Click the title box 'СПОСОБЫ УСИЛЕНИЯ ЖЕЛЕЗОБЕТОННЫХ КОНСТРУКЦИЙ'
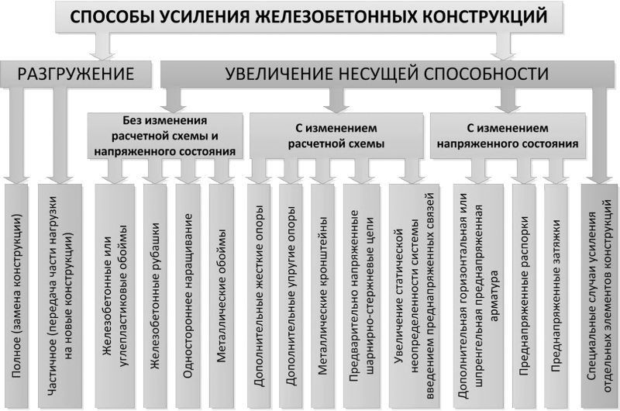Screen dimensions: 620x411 308,16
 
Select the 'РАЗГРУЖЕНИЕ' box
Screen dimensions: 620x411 75,74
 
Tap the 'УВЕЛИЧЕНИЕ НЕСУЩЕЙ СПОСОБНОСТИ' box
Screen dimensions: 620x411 387,74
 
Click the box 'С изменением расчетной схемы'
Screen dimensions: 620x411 336,136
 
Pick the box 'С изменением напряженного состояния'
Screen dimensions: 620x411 508,136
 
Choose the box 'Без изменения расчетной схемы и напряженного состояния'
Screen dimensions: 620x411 165,136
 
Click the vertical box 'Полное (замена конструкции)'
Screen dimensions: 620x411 16,295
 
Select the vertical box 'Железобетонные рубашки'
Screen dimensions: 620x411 155,295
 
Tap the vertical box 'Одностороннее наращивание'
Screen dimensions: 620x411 188,295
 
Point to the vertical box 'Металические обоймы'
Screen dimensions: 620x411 222,295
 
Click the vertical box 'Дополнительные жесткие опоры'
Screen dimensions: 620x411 259,295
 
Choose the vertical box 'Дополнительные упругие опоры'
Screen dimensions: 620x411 291,295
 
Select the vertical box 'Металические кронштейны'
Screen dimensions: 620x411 322,295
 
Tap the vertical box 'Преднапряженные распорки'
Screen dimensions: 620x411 524,295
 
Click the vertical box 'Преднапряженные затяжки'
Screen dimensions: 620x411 556,295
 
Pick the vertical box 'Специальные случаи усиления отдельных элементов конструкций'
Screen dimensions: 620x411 598,295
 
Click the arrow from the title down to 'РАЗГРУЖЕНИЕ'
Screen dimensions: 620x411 102,46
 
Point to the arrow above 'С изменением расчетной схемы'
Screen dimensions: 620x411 336,100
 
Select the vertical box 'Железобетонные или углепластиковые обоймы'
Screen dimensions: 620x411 115,295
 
